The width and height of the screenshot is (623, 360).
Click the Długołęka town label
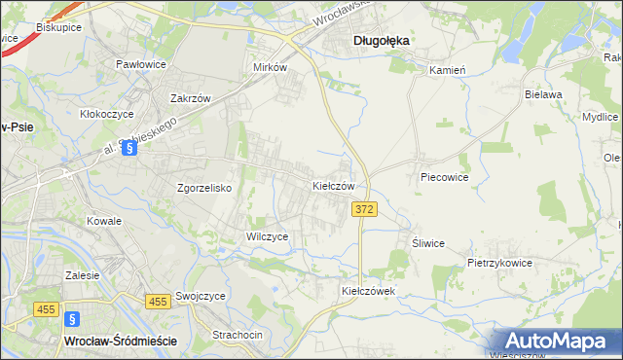coord(380,41)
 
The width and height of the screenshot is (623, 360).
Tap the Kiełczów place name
coord(339,185)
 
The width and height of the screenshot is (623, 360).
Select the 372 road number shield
coord(364,209)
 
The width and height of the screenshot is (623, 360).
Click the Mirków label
coord(270,68)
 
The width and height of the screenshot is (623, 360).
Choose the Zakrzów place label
coord(191,98)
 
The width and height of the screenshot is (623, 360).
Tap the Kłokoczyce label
coord(106,114)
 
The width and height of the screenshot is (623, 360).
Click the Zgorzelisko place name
coord(203,189)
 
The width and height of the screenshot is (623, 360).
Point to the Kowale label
coord(104,221)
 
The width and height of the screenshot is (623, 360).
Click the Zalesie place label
coord(83,275)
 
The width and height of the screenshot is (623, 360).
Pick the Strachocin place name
coord(238,335)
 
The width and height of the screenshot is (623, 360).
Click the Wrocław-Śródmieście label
coord(119,342)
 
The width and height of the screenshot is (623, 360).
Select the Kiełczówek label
coord(366,291)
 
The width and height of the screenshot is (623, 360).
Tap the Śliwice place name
coord(428,243)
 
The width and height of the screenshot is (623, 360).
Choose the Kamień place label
coord(449,71)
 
